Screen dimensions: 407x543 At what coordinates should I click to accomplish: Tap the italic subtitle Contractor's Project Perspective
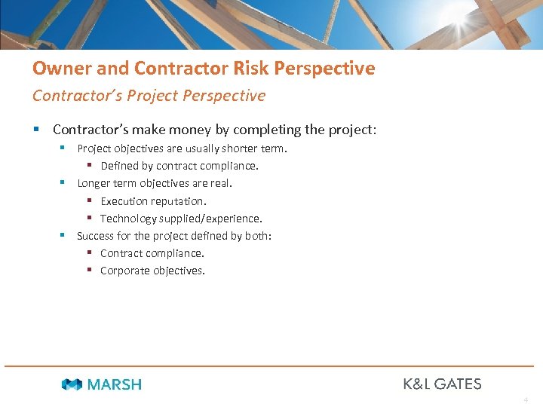click(x=149, y=96)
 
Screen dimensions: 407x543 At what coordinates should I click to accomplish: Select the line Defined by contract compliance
click(x=179, y=166)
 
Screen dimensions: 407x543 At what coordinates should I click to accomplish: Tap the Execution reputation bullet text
click(x=153, y=201)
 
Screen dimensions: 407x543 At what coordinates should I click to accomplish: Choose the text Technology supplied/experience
click(x=181, y=219)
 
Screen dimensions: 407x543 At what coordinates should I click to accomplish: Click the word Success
click(x=96, y=236)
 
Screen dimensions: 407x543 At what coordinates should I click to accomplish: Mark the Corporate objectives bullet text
click(x=152, y=271)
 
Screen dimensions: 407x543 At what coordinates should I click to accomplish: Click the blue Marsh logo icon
click(x=72, y=384)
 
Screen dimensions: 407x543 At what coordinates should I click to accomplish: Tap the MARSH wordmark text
click(x=114, y=384)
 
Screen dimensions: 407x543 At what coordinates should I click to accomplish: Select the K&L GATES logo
click(x=442, y=384)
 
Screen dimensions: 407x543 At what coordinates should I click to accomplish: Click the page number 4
click(x=525, y=399)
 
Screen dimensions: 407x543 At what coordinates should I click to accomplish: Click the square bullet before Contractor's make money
click(x=38, y=130)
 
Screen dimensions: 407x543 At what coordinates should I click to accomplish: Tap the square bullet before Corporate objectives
click(x=89, y=271)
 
